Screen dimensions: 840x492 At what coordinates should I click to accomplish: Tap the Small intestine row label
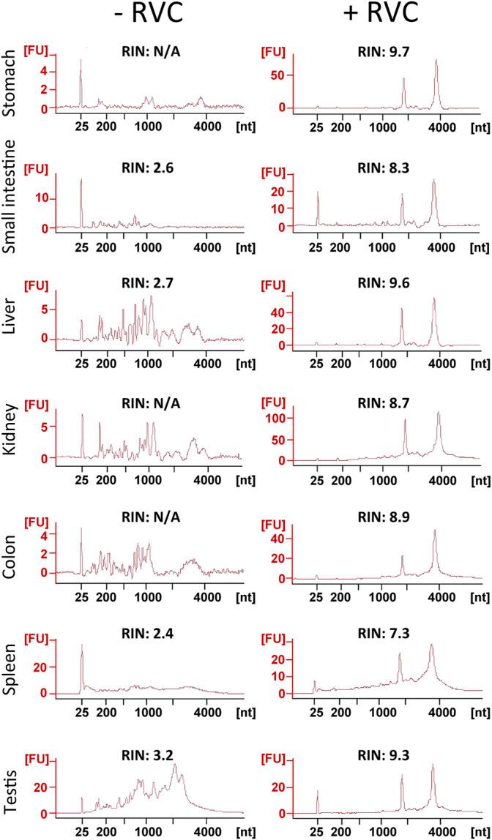point(10,198)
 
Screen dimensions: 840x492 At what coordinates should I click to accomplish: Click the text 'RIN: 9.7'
point(381,51)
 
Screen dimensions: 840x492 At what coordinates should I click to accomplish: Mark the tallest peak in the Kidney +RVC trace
point(439,413)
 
